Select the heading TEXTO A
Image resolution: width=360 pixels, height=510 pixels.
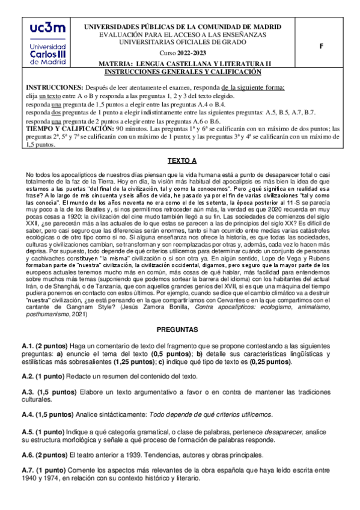[180, 161]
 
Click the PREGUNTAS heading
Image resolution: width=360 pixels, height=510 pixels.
[180, 330]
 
